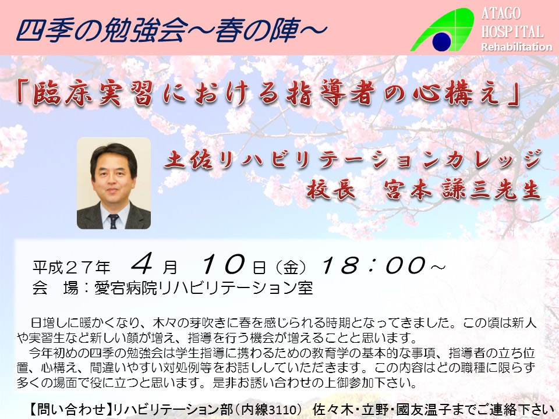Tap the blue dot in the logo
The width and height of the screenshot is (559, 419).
click(442, 41)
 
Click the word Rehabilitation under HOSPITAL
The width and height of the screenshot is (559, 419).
click(516, 47)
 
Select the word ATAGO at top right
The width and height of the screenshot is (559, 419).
click(501, 13)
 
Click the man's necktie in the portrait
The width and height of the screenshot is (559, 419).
click(114, 221)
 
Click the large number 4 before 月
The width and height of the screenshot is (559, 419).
click(142, 264)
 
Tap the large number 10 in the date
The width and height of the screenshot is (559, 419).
click(223, 264)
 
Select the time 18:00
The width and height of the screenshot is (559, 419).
click(374, 265)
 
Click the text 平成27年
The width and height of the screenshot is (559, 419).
click(72, 267)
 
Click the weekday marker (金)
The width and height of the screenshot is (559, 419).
click(291, 267)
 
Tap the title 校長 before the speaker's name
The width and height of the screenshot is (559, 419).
click(331, 189)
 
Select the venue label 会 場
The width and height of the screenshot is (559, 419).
click(55, 288)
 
